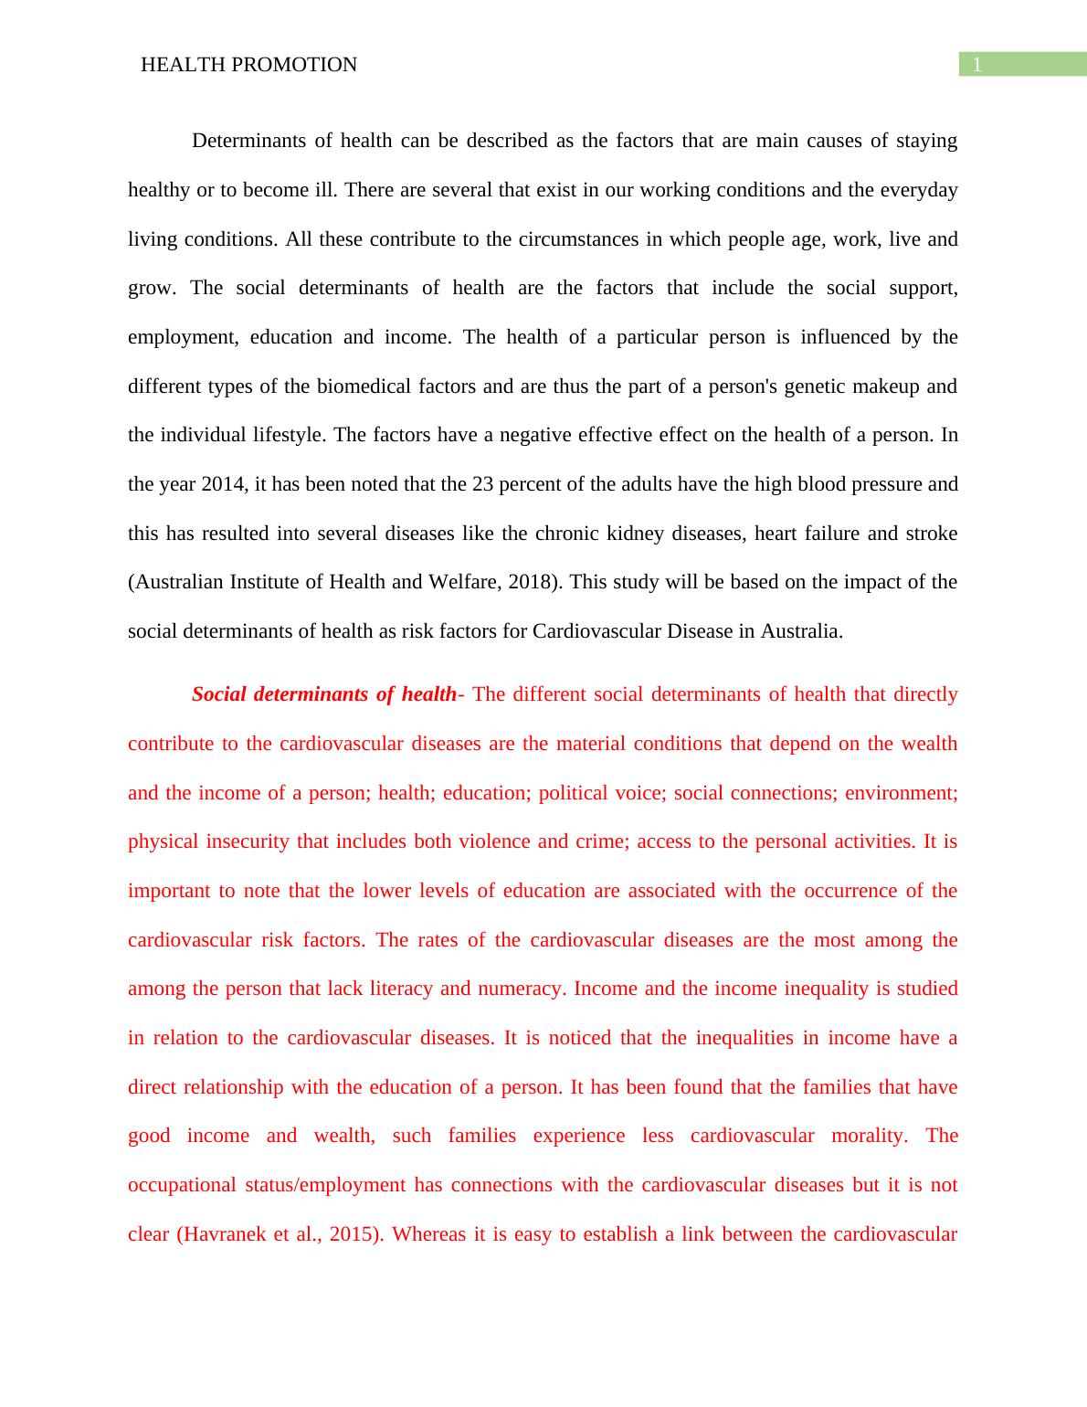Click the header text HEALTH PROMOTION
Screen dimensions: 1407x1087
248,65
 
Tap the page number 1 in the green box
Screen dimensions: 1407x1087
976,65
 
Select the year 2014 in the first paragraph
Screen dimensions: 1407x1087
222,484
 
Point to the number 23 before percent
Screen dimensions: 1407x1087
482,484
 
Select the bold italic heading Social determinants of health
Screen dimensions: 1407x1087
323,694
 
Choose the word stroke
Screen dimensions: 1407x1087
932,534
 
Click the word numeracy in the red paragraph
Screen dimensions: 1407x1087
523,989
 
